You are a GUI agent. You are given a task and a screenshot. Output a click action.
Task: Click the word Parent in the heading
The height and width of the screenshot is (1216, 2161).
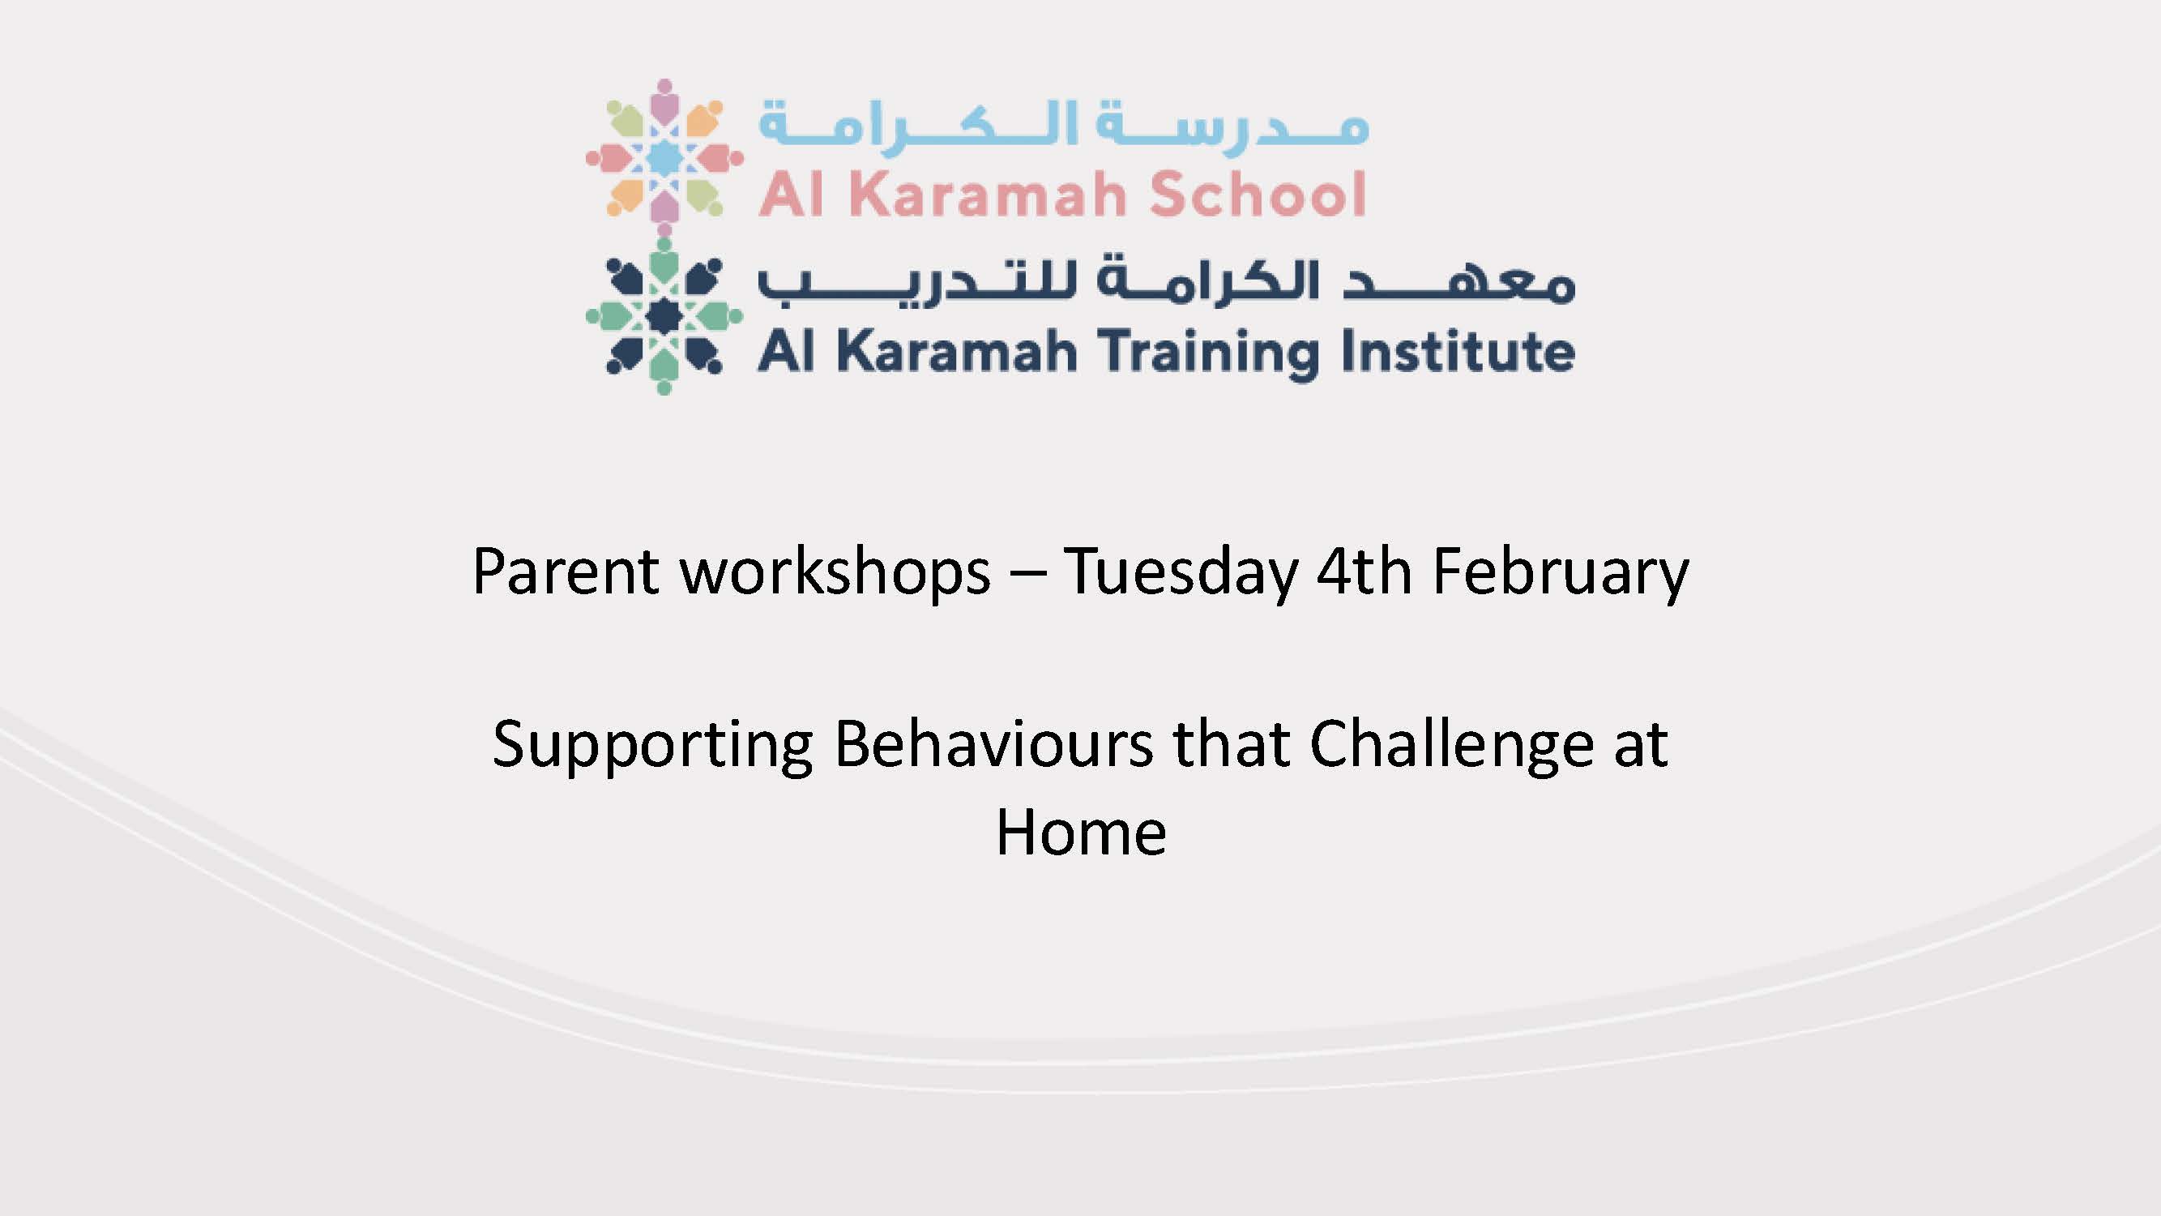[x=566, y=572]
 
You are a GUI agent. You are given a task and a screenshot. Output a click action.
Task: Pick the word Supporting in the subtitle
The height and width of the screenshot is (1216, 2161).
[x=652, y=746]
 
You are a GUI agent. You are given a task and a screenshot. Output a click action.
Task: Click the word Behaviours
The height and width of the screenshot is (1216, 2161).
[x=993, y=743]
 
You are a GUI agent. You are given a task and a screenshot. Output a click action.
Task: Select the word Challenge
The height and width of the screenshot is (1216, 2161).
[x=1451, y=746]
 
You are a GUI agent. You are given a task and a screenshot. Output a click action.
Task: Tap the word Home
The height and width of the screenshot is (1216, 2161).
[x=1081, y=833]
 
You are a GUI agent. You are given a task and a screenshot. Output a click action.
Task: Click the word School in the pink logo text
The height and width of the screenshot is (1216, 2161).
[x=1258, y=194]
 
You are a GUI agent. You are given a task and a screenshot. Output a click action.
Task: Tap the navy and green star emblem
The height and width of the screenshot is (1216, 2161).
[x=664, y=315]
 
